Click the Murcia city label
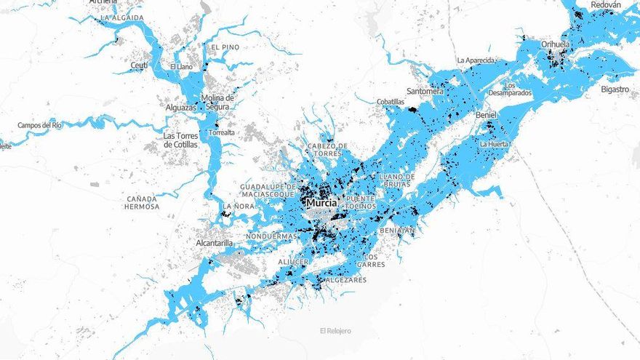coord(321,204)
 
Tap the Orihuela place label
coord(556,44)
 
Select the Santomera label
coord(425,92)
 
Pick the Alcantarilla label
coord(215,243)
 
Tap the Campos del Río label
coord(40,125)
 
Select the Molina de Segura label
coord(217,103)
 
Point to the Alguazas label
coord(181,108)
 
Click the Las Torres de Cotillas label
coord(180,140)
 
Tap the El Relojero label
coord(335,331)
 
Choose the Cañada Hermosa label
coord(143,202)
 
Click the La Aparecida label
coord(476,60)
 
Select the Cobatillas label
coord(391,102)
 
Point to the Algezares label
coord(348,280)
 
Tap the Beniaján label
coord(397,231)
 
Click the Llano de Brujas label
coord(397,180)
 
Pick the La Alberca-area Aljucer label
coord(294,261)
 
